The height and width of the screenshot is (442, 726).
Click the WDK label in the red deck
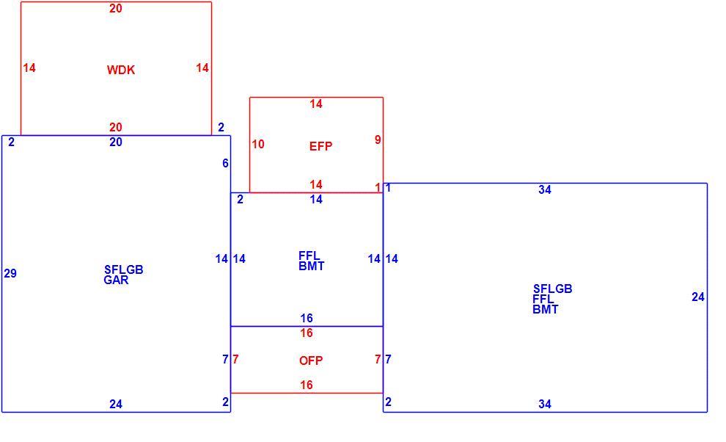coord(121,70)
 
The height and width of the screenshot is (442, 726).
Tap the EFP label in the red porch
coord(321,147)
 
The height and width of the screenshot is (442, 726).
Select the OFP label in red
coord(311,361)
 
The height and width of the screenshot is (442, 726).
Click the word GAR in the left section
coord(116,280)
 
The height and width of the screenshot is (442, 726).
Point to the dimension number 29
coord(10,274)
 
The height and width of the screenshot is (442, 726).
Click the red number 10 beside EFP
coord(258,144)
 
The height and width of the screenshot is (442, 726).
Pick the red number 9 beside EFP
coord(378,140)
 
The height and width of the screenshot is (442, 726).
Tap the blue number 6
coord(225,163)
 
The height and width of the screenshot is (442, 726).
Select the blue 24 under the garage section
coord(116,405)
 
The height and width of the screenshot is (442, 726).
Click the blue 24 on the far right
coord(698,297)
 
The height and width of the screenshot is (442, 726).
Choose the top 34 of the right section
coord(545,189)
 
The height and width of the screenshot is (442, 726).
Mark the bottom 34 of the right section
coord(545,405)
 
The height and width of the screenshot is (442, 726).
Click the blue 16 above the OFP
coord(307,318)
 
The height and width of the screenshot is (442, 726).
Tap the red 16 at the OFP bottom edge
coord(307,385)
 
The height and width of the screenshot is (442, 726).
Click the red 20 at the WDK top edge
coord(116,8)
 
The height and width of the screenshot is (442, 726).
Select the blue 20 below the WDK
coord(116,142)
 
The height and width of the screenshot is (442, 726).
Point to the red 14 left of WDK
coord(29,68)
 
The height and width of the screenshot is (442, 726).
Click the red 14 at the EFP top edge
coord(316,104)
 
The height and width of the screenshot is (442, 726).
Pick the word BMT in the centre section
coord(312,267)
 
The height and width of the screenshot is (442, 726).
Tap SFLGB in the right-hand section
coord(553,289)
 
